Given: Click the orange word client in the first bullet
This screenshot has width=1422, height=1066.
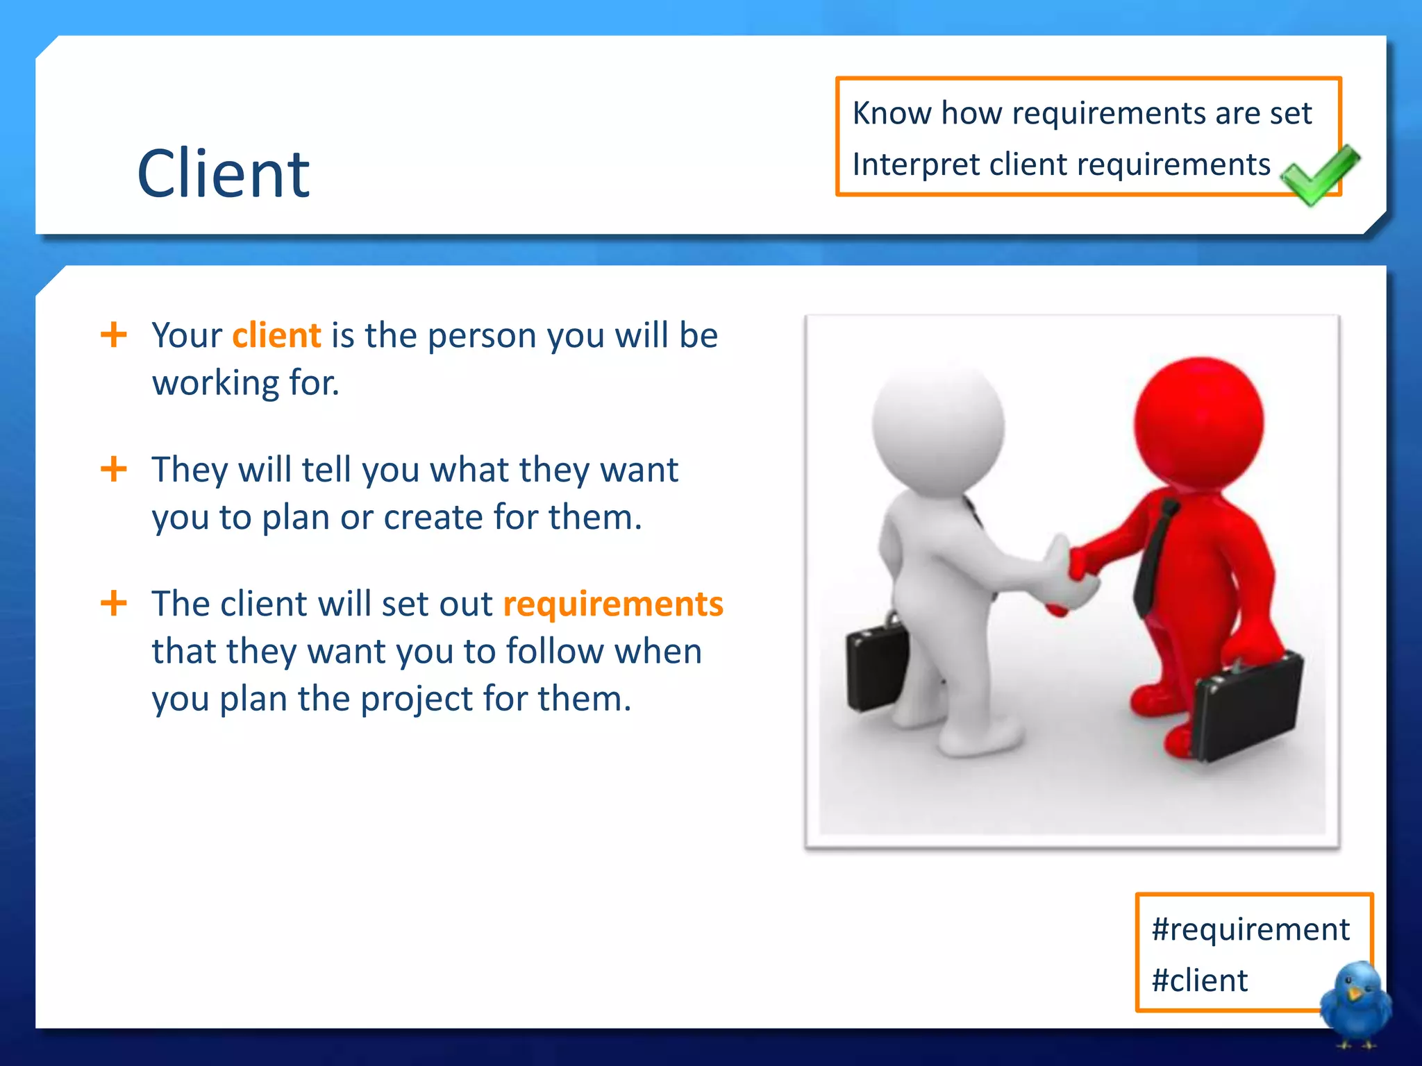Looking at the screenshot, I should tap(276, 336).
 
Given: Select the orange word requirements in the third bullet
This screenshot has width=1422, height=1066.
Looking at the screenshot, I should tap(613, 604).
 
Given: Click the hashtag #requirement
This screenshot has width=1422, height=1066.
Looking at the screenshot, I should tap(1250, 929).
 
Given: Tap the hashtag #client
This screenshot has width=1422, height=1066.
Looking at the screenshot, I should tap(1199, 981).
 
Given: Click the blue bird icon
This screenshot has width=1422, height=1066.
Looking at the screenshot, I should tap(1355, 1003).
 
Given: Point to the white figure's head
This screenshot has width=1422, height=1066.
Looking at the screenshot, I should tap(938, 427).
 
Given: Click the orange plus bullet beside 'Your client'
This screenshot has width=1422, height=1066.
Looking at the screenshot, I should tap(114, 335).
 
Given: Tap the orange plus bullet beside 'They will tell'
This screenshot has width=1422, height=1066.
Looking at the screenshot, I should tap(114, 469).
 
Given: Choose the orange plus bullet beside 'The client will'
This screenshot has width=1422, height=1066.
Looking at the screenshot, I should tap(114, 603).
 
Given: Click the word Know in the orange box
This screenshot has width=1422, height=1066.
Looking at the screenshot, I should tap(892, 113).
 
